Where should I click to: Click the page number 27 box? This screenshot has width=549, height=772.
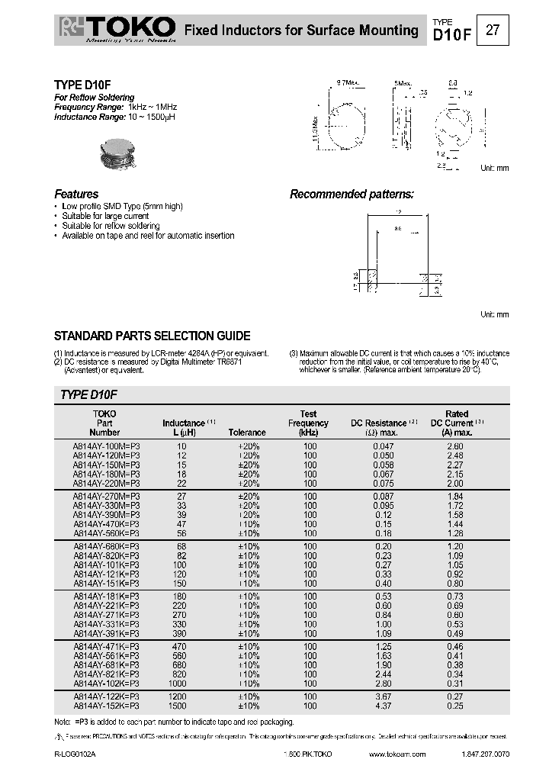pyautogui.click(x=493, y=30)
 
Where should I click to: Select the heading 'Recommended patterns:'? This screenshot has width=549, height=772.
pyautogui.click(x=352, y=194)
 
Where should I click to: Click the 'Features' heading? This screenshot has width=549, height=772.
pyautogui.click(x=76, y=194)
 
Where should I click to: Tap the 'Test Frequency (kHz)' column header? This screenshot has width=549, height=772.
pyautogui.click(x=308, y=423)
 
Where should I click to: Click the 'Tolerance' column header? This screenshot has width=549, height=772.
pyautogui.click(x=247, y=432)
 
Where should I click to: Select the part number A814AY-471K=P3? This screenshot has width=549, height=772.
pyautogui.click(x=107, y=647)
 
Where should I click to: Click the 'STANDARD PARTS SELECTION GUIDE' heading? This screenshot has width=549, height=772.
pyautogui.click(x=152, y=336)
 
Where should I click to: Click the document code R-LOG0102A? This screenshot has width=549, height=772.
pyautogui.click(x=75, y=754)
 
